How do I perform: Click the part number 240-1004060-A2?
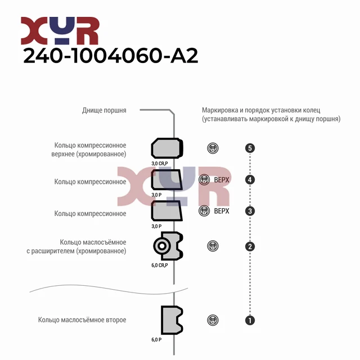point(110,56)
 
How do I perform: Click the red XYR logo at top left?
point(60,31)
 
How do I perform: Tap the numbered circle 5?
point(250,148)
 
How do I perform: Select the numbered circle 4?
point(250,180)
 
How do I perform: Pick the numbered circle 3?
point(250,211)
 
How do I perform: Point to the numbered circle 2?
point(250,246)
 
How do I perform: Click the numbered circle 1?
point(250,320)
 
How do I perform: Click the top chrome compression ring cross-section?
point(167,148)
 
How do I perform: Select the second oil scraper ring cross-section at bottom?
point(171,320)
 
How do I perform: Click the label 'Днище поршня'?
point(104,110)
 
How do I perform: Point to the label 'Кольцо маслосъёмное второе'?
point(82,320)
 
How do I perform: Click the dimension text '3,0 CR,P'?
point(160,164)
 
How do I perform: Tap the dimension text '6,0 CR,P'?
point(160,265)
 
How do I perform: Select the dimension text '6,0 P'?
point(156,340)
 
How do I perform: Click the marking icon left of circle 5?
point(213,148)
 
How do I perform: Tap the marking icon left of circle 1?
point(213,320)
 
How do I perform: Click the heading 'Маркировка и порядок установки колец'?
point(264,110)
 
